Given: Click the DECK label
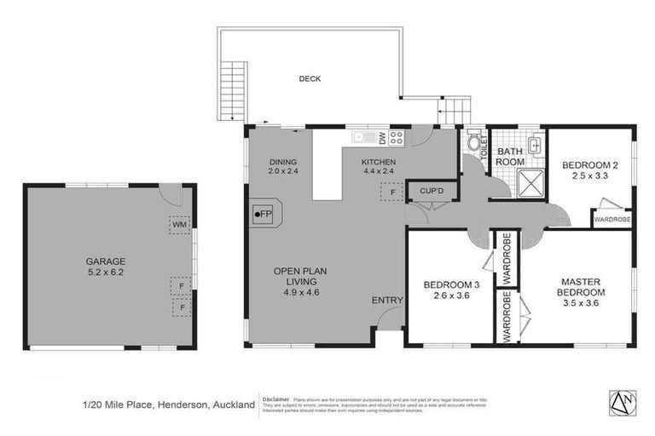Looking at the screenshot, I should coord(310,79).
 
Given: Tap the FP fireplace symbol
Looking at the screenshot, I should coord(264,214).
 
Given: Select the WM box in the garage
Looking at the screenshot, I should coord(180,226).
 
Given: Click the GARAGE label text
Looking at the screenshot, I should coord(105,261).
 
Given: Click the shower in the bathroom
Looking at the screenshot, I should coord(532,180).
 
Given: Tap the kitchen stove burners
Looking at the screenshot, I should coord(397,137).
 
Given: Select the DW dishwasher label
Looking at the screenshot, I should coord(382,137).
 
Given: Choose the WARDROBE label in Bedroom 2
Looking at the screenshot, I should coord(612,218).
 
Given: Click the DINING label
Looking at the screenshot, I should coord(282,162).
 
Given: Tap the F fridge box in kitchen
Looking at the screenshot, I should coord(392,193).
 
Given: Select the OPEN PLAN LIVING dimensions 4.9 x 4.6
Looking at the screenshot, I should coord(301,291).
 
